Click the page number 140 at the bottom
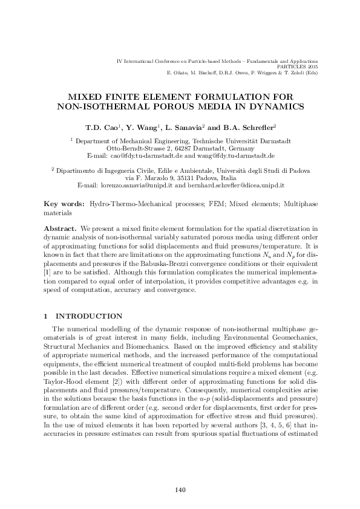pos(180,490)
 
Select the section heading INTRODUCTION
pos(89,316)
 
